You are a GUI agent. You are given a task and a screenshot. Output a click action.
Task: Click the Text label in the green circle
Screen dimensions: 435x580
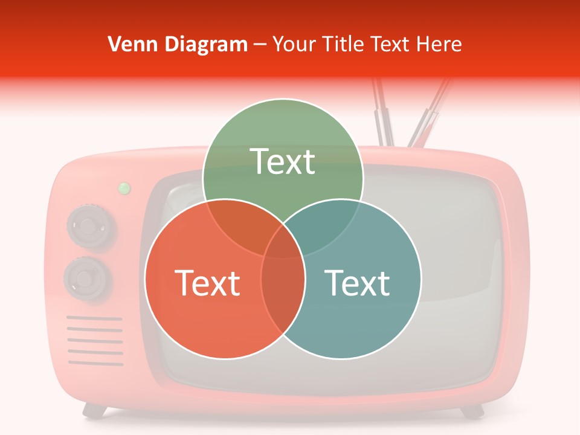pos(283,161)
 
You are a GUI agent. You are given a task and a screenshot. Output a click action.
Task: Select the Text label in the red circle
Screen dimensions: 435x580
pos(207,283)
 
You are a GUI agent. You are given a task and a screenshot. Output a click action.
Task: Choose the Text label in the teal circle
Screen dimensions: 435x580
pos(358,283)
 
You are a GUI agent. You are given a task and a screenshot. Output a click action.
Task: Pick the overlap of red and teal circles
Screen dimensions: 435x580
pos(283,302)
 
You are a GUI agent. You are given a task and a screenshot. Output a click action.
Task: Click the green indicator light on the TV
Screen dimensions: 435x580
pos(124,188)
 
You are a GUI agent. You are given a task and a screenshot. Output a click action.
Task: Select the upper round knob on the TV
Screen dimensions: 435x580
pos(89,227)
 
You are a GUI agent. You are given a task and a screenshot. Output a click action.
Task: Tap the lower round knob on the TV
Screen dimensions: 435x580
pos(88,279)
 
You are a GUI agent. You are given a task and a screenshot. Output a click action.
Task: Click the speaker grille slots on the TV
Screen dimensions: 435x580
pos(95,341)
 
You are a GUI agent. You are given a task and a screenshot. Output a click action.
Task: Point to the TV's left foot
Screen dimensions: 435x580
pos(95,411)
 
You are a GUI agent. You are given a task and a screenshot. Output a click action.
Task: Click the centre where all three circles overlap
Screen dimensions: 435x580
pos(283,248)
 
